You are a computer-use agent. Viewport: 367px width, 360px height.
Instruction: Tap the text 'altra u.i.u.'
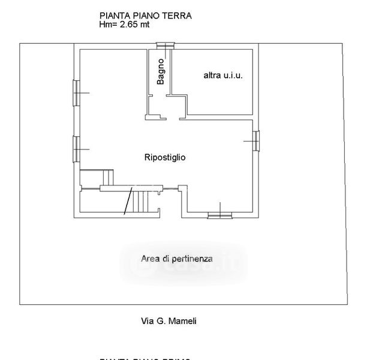222,76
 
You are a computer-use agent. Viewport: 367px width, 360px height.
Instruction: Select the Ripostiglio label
165,158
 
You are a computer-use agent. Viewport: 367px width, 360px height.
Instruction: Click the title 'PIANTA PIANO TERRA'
145,16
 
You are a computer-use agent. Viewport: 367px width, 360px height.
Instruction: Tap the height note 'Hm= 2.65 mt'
125,25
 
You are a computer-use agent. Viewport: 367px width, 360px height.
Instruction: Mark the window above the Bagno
164,45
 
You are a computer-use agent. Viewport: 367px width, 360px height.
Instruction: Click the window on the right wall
257,142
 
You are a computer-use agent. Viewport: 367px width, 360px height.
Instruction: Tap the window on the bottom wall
219,215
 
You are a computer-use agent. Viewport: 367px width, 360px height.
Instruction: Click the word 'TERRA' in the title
178,16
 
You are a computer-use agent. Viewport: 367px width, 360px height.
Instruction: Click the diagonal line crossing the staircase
128,201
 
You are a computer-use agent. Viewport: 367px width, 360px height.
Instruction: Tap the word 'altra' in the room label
212,76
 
